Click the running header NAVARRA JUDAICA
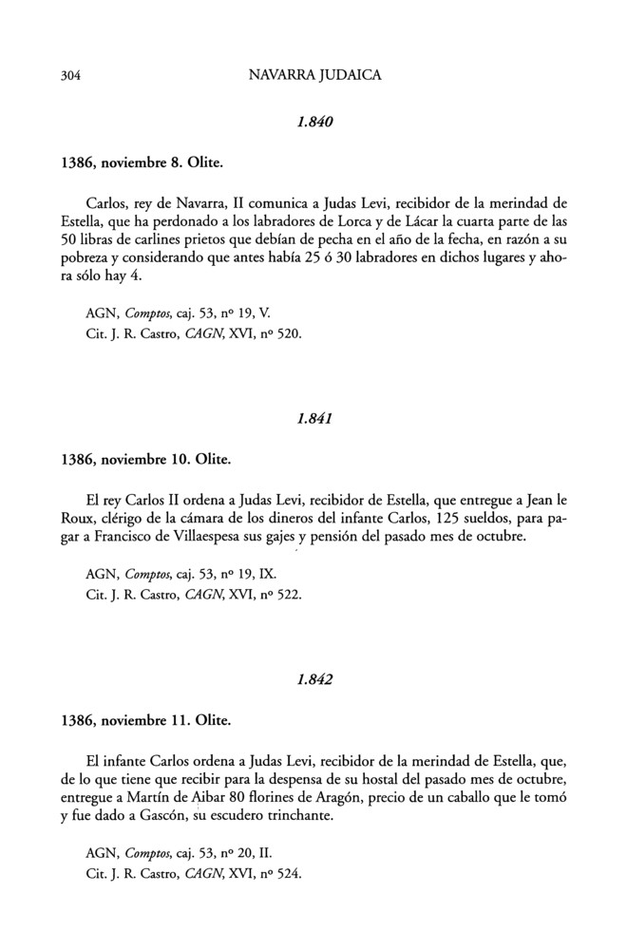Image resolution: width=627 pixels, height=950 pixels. coord(313,74)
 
